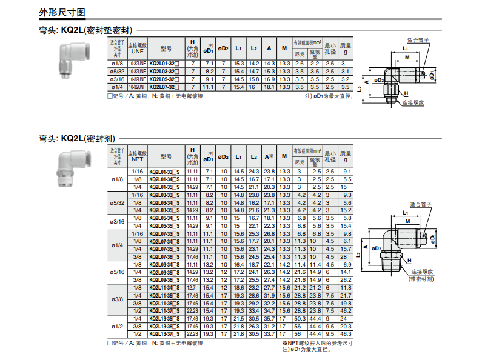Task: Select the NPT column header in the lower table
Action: (x=138, y=159)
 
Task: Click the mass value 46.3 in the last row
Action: (x=346, y=334)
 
